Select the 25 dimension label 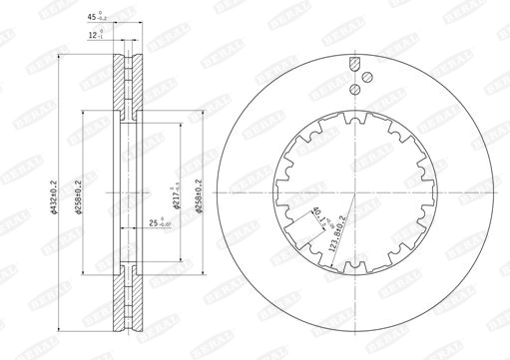click(x=156, y=225)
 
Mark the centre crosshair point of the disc click(x=355, y=190)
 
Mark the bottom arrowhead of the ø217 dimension click(x=179, y=256)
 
